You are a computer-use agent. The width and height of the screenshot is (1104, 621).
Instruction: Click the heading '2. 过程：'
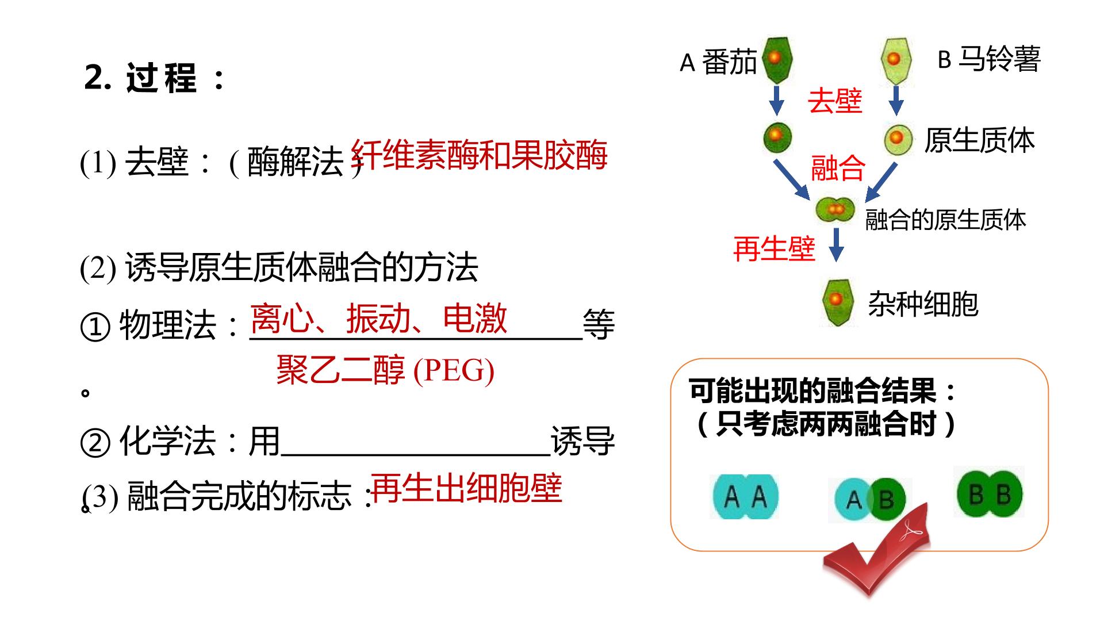point(155,78)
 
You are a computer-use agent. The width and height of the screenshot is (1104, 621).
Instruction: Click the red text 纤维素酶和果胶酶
point(479,155)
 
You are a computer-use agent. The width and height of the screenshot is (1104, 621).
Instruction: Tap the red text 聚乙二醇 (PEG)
point(385,369)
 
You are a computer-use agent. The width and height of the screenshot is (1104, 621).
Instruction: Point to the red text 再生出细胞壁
point(467,488)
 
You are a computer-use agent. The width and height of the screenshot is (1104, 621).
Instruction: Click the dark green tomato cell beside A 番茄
point(777,60)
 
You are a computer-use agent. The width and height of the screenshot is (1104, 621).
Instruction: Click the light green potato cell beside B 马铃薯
point(896,60)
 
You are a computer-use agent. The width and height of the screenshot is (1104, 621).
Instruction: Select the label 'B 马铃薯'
point(989,59)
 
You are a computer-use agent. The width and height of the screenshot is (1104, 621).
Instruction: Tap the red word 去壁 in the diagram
point(835,101)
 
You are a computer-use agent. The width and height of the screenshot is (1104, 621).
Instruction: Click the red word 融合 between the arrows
point(838,168)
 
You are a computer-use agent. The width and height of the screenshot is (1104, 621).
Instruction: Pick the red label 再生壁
point(775,250)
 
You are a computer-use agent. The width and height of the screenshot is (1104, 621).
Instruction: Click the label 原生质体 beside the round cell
point(979,140)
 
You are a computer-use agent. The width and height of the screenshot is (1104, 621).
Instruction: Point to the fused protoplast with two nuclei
point(835,209)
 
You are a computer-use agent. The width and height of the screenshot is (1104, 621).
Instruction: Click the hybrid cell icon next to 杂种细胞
point(837,301)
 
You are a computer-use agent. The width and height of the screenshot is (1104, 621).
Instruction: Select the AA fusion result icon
point(745,496)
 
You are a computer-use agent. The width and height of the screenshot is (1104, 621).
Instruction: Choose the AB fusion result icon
point(870,499)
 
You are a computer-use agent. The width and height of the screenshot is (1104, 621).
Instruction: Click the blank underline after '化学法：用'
point(416,455)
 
